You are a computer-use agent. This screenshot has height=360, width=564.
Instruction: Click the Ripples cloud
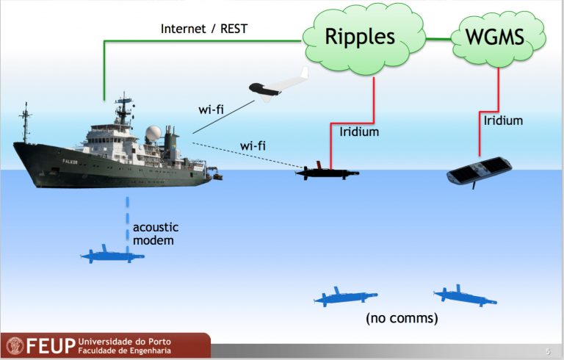[364, 39]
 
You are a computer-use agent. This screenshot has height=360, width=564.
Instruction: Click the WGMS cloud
[499, 37]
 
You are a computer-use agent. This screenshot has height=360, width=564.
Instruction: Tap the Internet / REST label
[204, 29]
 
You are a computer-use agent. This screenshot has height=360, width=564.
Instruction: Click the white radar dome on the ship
[153, 133]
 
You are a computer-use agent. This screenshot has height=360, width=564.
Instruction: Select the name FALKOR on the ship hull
[70, 162]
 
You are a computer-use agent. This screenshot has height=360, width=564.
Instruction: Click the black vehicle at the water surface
[327, 172]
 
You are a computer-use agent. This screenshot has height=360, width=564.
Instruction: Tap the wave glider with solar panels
[479, 172]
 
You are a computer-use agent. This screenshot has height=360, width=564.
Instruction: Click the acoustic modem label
[156, 234]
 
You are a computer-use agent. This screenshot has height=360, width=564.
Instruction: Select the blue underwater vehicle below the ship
[112, 254]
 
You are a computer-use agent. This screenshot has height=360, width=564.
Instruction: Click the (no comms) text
[402, 318]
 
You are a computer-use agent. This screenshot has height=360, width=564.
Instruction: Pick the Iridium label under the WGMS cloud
[503, 120]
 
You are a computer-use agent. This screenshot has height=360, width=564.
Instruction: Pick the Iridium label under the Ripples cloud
[359, 132]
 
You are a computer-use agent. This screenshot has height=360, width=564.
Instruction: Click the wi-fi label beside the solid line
[211, 109]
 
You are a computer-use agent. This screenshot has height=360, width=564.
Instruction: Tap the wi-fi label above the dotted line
[253, 145]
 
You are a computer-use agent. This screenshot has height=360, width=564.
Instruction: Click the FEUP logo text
[51, 345]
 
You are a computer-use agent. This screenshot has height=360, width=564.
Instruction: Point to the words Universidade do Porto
[124, 342]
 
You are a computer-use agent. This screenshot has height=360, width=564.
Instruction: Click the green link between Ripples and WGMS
[438, 38]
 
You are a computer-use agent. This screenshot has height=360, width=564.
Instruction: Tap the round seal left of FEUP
[15, 345]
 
